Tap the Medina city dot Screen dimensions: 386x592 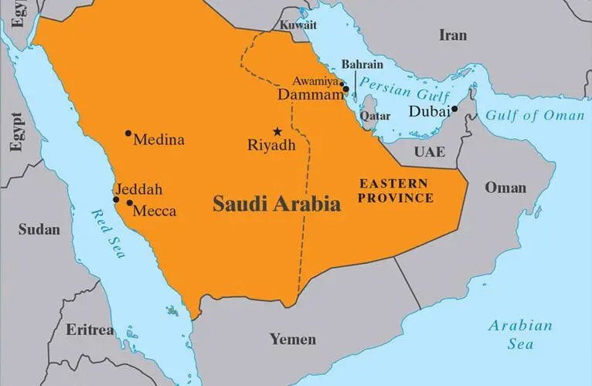tap(128, 134)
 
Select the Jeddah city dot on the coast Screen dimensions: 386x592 tap(116, 199)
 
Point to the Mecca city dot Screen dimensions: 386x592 tap(129, 204)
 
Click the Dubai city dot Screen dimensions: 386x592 tap(454, 109)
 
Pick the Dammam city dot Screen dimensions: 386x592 tap(345, 90)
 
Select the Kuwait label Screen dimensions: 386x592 tap(298, 25)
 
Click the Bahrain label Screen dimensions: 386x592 tap(362, 66)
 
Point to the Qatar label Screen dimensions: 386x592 tap(375, 116)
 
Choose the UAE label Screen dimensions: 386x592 tap(429, 151)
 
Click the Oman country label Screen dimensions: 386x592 tap(505, 188)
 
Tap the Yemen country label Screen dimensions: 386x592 tap(292, 339)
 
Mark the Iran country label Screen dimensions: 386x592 tap(453, 35)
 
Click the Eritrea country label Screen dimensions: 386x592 tap(89, 330)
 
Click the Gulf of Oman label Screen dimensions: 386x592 tap(535, 116)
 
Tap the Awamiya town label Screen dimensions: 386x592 tap(316, 80)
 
